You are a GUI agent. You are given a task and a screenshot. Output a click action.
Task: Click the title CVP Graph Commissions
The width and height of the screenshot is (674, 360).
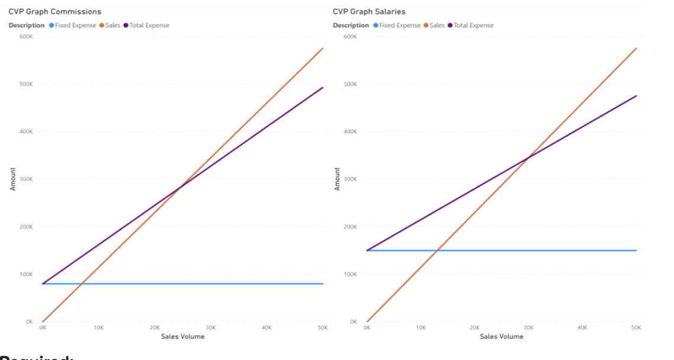coord(54,12)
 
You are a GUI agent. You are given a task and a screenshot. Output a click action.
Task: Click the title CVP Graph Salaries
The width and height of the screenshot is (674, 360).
coord(369,12)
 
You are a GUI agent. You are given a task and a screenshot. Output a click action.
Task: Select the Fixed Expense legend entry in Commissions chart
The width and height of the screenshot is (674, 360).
coord(75,25)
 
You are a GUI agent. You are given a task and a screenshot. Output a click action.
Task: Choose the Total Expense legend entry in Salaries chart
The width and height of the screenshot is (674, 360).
coord(473,25)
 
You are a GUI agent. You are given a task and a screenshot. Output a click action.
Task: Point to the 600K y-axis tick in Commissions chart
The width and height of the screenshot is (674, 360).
coord(26,37)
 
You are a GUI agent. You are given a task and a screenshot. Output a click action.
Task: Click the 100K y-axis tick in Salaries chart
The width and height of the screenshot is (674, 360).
coord(350,274)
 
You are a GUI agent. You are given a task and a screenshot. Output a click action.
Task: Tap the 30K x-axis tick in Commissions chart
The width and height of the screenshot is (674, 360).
coord(211,327)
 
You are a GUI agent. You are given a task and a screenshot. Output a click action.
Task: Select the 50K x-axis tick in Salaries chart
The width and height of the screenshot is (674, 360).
coord(636,327)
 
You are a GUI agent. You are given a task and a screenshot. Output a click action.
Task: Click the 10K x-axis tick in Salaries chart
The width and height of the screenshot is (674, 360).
coord(421,327)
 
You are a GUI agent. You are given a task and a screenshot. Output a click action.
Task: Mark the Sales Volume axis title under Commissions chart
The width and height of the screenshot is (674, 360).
coord(182,336)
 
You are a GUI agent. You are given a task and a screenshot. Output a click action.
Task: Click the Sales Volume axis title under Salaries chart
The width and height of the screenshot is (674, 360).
coord(501,336)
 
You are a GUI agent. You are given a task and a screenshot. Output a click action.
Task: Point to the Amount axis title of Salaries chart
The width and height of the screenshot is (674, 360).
coord(337,179)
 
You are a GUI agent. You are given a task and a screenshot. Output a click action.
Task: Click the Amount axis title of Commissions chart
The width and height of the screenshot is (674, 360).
coord(13,179)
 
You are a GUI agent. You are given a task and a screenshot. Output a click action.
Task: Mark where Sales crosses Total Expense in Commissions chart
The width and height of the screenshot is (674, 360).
coord(180,187)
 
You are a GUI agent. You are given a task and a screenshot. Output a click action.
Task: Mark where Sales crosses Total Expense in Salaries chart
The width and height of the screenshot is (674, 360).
coord(528,157)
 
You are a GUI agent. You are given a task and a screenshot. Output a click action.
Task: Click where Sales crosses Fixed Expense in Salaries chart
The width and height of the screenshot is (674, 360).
coord(437,250)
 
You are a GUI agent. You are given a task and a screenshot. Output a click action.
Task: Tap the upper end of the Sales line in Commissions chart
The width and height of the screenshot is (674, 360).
coord(323,48)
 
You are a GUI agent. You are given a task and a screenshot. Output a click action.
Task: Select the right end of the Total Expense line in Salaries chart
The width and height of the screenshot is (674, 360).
coord(636,95)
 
